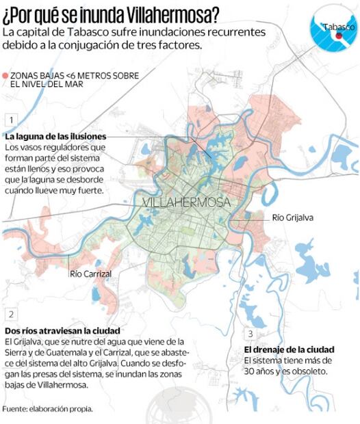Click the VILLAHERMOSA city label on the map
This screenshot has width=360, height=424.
186,204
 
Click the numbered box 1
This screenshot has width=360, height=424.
10,119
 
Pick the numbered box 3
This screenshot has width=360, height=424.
250,334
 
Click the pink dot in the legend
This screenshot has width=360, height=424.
5,75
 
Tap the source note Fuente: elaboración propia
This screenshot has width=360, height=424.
47,409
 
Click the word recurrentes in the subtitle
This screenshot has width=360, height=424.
264,32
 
